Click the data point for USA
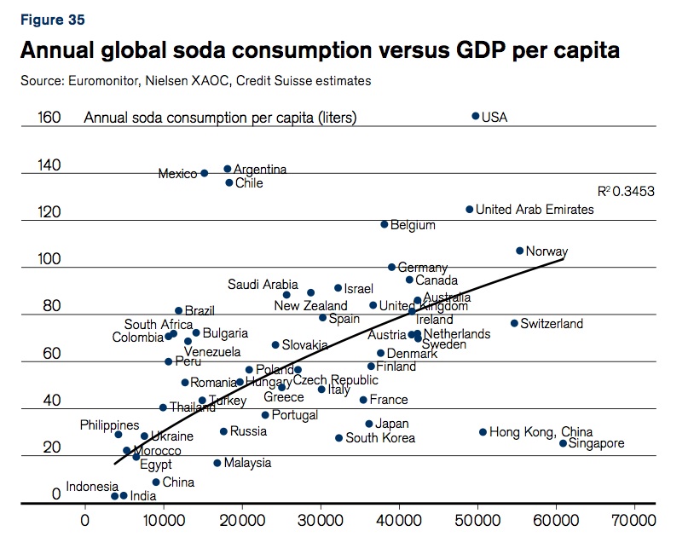[x=476, y=116]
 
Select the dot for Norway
[x=519, y=251]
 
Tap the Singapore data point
[x=563, y=443]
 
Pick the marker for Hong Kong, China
[x=483, y=432]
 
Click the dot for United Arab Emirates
[x=469, y=209]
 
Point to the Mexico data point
[x=204, y=173]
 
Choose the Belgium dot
[x=384, y=224]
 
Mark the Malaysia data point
[x=217, y=463]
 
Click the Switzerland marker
[x=514, y=323]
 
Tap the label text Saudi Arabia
[x=263, y=285]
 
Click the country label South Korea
[x=380, y=438]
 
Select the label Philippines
[x=110, y=424]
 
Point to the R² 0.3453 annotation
[x=626, y=192]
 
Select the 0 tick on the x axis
[x=84, y=519]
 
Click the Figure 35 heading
[x=52, y=19]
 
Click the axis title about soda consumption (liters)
[x=220, y=118]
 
